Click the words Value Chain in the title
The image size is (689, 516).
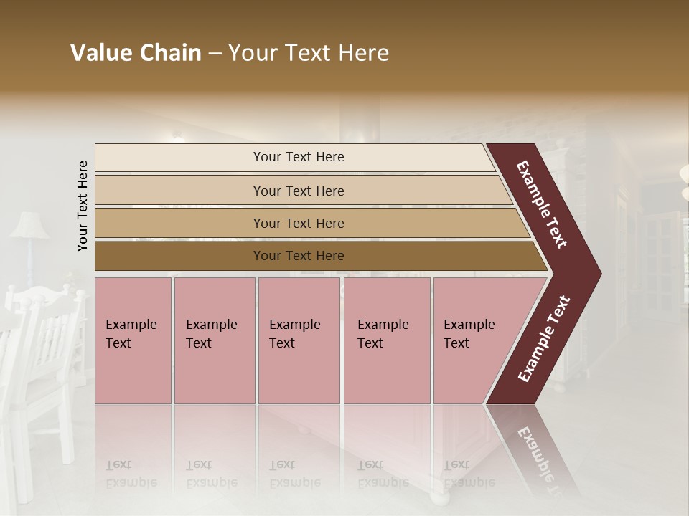136,53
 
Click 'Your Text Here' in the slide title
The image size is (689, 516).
309,53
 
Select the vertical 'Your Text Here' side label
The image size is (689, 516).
83,206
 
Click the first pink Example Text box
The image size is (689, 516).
133,340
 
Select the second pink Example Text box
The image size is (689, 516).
214,340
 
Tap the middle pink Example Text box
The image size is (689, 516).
299,340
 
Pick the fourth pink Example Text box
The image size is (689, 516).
386,340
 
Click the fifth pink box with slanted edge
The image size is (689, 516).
474,340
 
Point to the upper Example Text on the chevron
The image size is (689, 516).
542,204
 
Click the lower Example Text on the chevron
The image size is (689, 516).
544,338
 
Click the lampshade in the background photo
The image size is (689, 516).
29,225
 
